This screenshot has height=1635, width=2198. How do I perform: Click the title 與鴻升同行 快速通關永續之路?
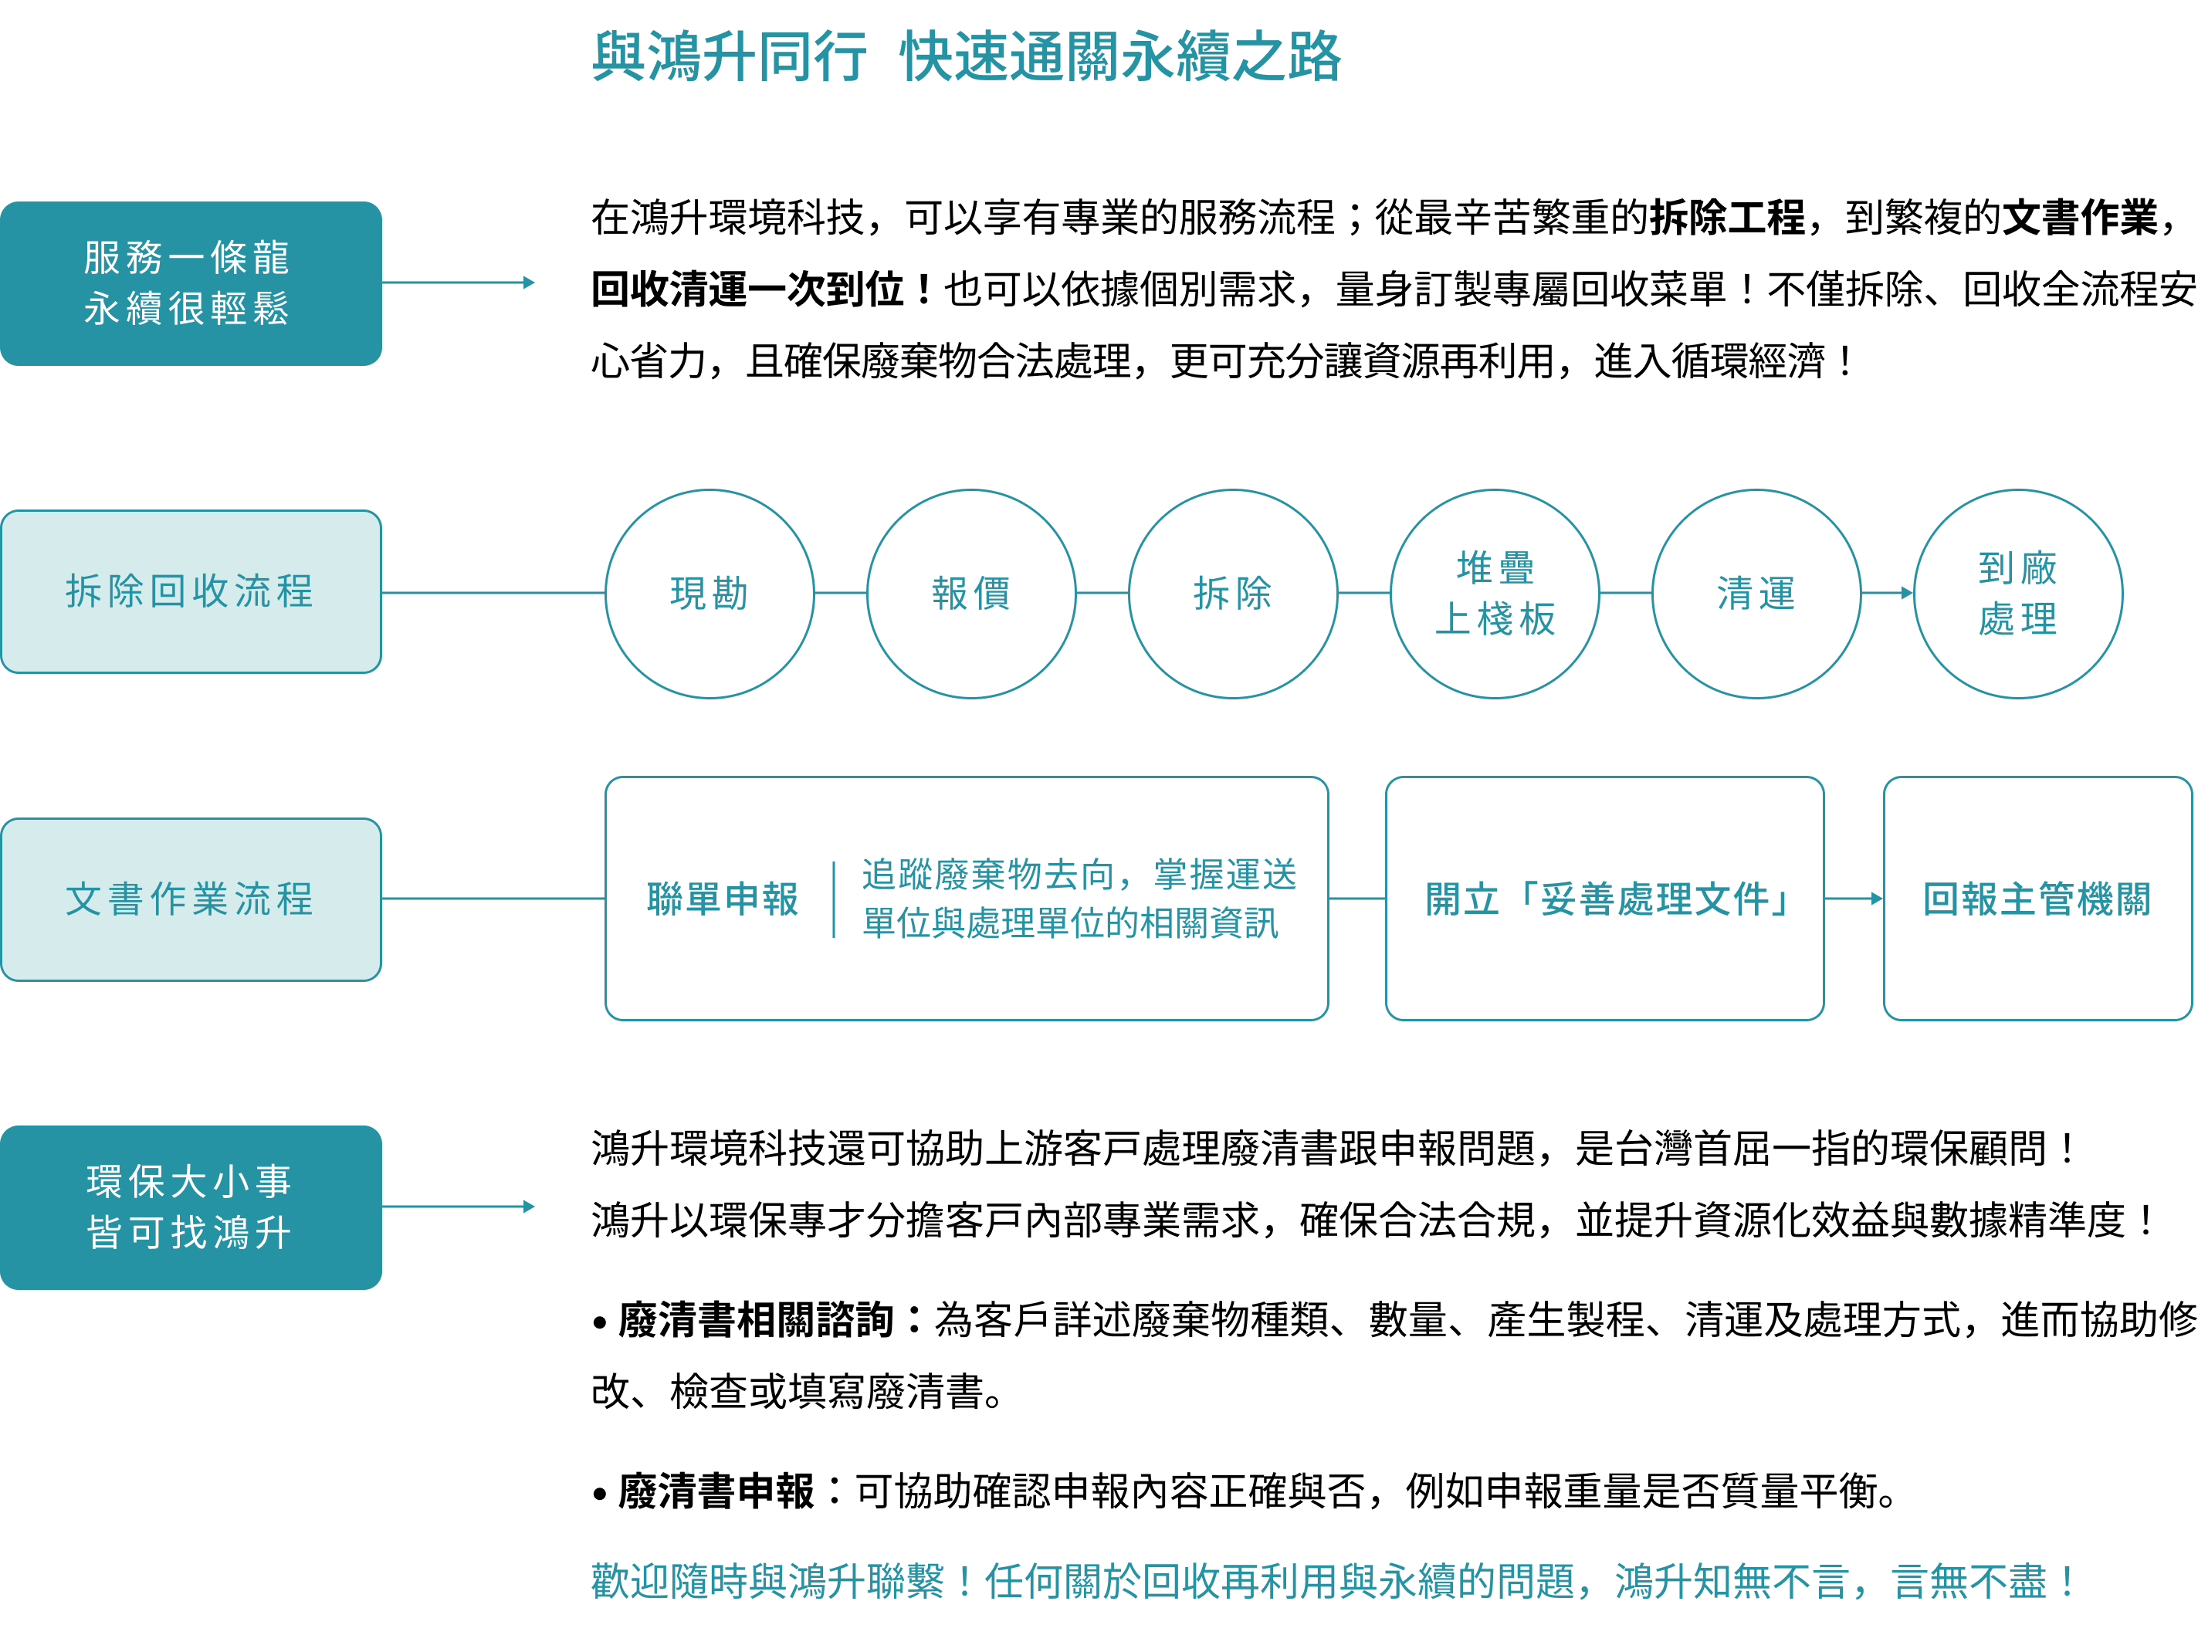pos(966,56)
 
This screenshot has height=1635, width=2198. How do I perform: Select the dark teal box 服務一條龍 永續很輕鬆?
pos(191,284)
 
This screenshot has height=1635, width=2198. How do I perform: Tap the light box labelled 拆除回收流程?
pos(191,592)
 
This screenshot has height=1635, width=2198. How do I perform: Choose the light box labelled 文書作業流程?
pos(191,899)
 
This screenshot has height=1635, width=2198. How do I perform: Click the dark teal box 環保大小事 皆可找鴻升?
pos(191,1207)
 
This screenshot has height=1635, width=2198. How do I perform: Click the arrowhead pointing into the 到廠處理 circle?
pos(1907,594)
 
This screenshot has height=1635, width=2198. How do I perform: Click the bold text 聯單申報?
pos(723,899)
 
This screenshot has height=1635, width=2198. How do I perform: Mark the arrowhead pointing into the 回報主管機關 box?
pos(1876,899)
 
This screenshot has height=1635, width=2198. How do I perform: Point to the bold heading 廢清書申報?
pos(716,1491)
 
